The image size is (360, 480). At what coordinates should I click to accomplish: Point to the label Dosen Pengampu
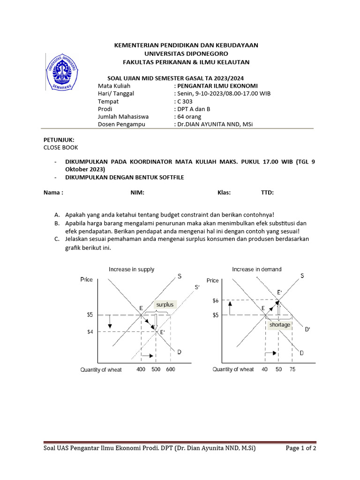pos(121,124)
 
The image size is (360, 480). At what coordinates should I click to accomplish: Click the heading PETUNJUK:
pos(59,140)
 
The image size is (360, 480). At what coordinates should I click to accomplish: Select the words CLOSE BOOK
pos(60,147)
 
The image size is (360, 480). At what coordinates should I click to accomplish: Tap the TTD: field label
pos(267,192)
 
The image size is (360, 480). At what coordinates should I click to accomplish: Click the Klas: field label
pos(224,192)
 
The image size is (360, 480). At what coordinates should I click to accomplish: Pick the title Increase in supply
pos(131,270)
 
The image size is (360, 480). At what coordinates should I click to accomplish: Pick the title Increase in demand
pos(257,270)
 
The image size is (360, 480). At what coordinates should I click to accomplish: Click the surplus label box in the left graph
pos(165,305)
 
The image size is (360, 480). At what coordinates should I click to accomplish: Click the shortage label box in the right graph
pos(280,324)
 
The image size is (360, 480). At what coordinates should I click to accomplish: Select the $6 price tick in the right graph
pos(216,300)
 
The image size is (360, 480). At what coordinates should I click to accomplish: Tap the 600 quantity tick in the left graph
pos(170,369)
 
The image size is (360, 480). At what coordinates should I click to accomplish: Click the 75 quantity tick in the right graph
pos(292,369)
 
